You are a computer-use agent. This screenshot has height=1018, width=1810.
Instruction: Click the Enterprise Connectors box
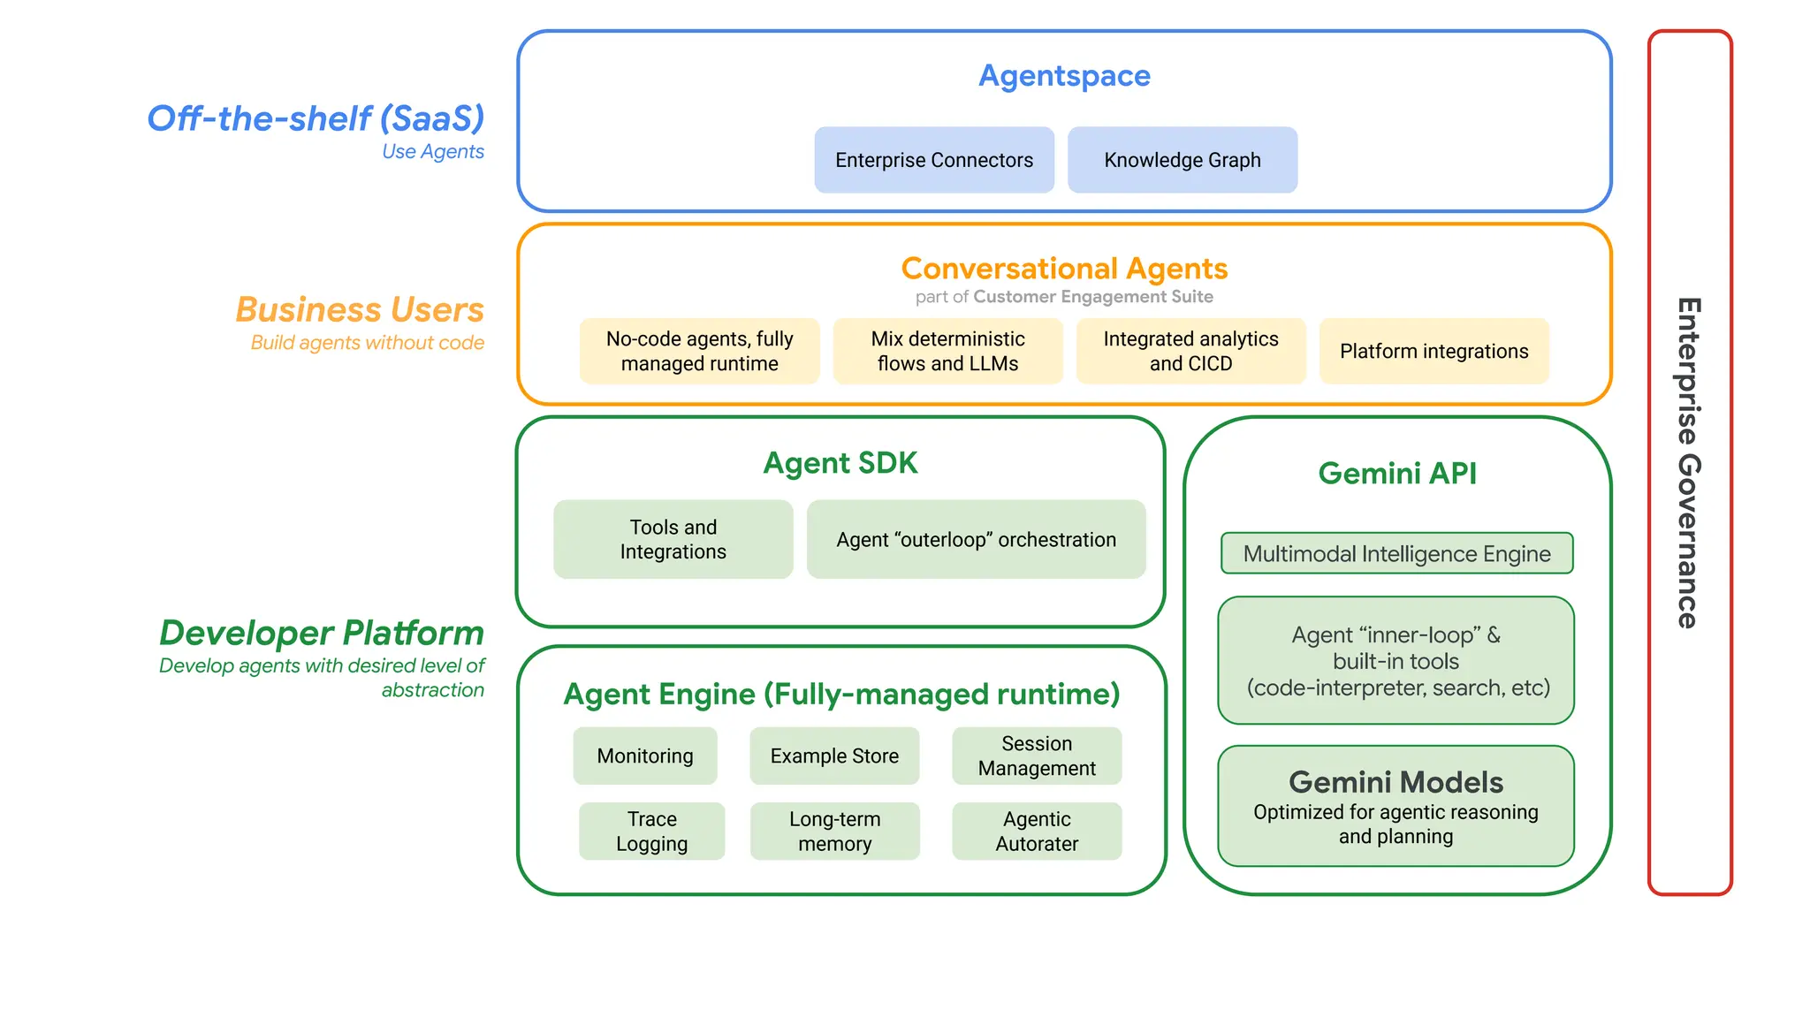tap(934, 160)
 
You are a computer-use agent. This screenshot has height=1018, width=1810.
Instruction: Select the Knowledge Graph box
tap(1183, 160)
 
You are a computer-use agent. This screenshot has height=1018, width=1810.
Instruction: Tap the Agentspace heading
tap(1064, 76)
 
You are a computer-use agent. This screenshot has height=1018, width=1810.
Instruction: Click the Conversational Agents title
tap(1064, 268)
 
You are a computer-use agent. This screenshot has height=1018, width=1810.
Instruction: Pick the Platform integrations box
tap(1434, 351)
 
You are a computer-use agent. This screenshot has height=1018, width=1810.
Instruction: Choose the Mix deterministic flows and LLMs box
tap(947, 351)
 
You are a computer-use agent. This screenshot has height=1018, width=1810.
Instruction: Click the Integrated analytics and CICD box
tap(1190, 351)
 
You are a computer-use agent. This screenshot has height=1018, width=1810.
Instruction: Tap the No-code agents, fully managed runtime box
tap(699, 351)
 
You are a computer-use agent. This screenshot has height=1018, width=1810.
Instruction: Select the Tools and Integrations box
tap(673, 539)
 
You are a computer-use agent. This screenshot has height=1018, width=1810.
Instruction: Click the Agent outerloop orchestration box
tap(976, 539)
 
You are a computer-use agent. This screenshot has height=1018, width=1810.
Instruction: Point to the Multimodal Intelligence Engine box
tap(1396, 553)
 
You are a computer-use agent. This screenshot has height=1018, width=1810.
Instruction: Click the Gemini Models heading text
tap(1396, 782)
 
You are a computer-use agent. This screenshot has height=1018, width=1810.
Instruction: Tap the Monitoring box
tap(644, 756)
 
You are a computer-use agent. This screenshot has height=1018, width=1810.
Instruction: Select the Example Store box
tap(834, 756)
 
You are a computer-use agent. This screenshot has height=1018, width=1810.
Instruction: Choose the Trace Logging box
tap(651, 831)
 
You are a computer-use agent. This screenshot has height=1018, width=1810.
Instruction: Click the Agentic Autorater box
tap(1037, 831)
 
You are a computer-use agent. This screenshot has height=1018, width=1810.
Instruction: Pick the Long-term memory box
tap(834, 831)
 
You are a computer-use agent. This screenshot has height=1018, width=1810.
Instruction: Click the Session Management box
tap(1037, 756)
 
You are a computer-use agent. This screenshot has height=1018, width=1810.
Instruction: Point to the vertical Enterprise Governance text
tap(1689, 463)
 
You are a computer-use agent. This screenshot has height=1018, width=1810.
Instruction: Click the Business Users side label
tap(360, 310)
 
